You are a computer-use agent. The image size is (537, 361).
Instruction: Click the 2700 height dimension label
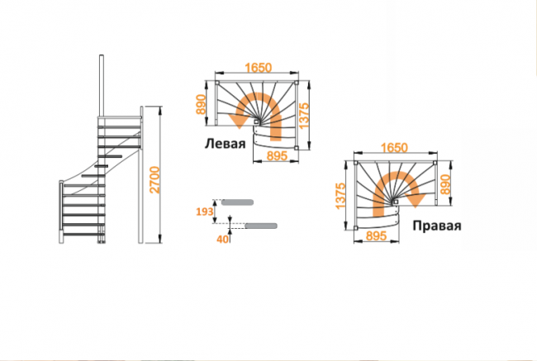[155, 180]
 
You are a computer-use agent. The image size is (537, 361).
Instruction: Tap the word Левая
[225, 144]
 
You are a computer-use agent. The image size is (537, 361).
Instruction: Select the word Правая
[437, 226]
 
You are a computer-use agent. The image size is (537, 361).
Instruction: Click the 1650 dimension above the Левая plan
[259, 68]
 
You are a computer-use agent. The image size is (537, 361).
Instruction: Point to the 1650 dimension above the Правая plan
[394, 148]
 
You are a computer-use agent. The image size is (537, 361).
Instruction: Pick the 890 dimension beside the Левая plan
[201, 104]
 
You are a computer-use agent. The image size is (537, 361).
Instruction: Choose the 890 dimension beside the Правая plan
[445, 184]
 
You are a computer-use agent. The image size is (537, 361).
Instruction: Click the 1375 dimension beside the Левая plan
[304, 116]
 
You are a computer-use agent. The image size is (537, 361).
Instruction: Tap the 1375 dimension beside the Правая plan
[340, 197]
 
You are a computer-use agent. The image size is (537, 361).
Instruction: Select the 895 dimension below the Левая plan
[277, 156]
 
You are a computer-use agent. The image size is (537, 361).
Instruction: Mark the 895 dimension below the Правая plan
[376, 235]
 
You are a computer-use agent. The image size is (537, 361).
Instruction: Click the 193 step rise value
[204, 212]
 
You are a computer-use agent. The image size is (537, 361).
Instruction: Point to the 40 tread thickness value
[222, 240]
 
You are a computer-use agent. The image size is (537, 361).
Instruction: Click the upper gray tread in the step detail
[237, 202]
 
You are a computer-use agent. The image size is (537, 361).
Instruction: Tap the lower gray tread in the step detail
[261, 226]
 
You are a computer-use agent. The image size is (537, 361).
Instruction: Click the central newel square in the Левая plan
[256, 121]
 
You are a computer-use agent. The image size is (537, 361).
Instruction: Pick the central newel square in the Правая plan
[396, 202]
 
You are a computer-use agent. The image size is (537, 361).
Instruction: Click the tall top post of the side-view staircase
[102, 86]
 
